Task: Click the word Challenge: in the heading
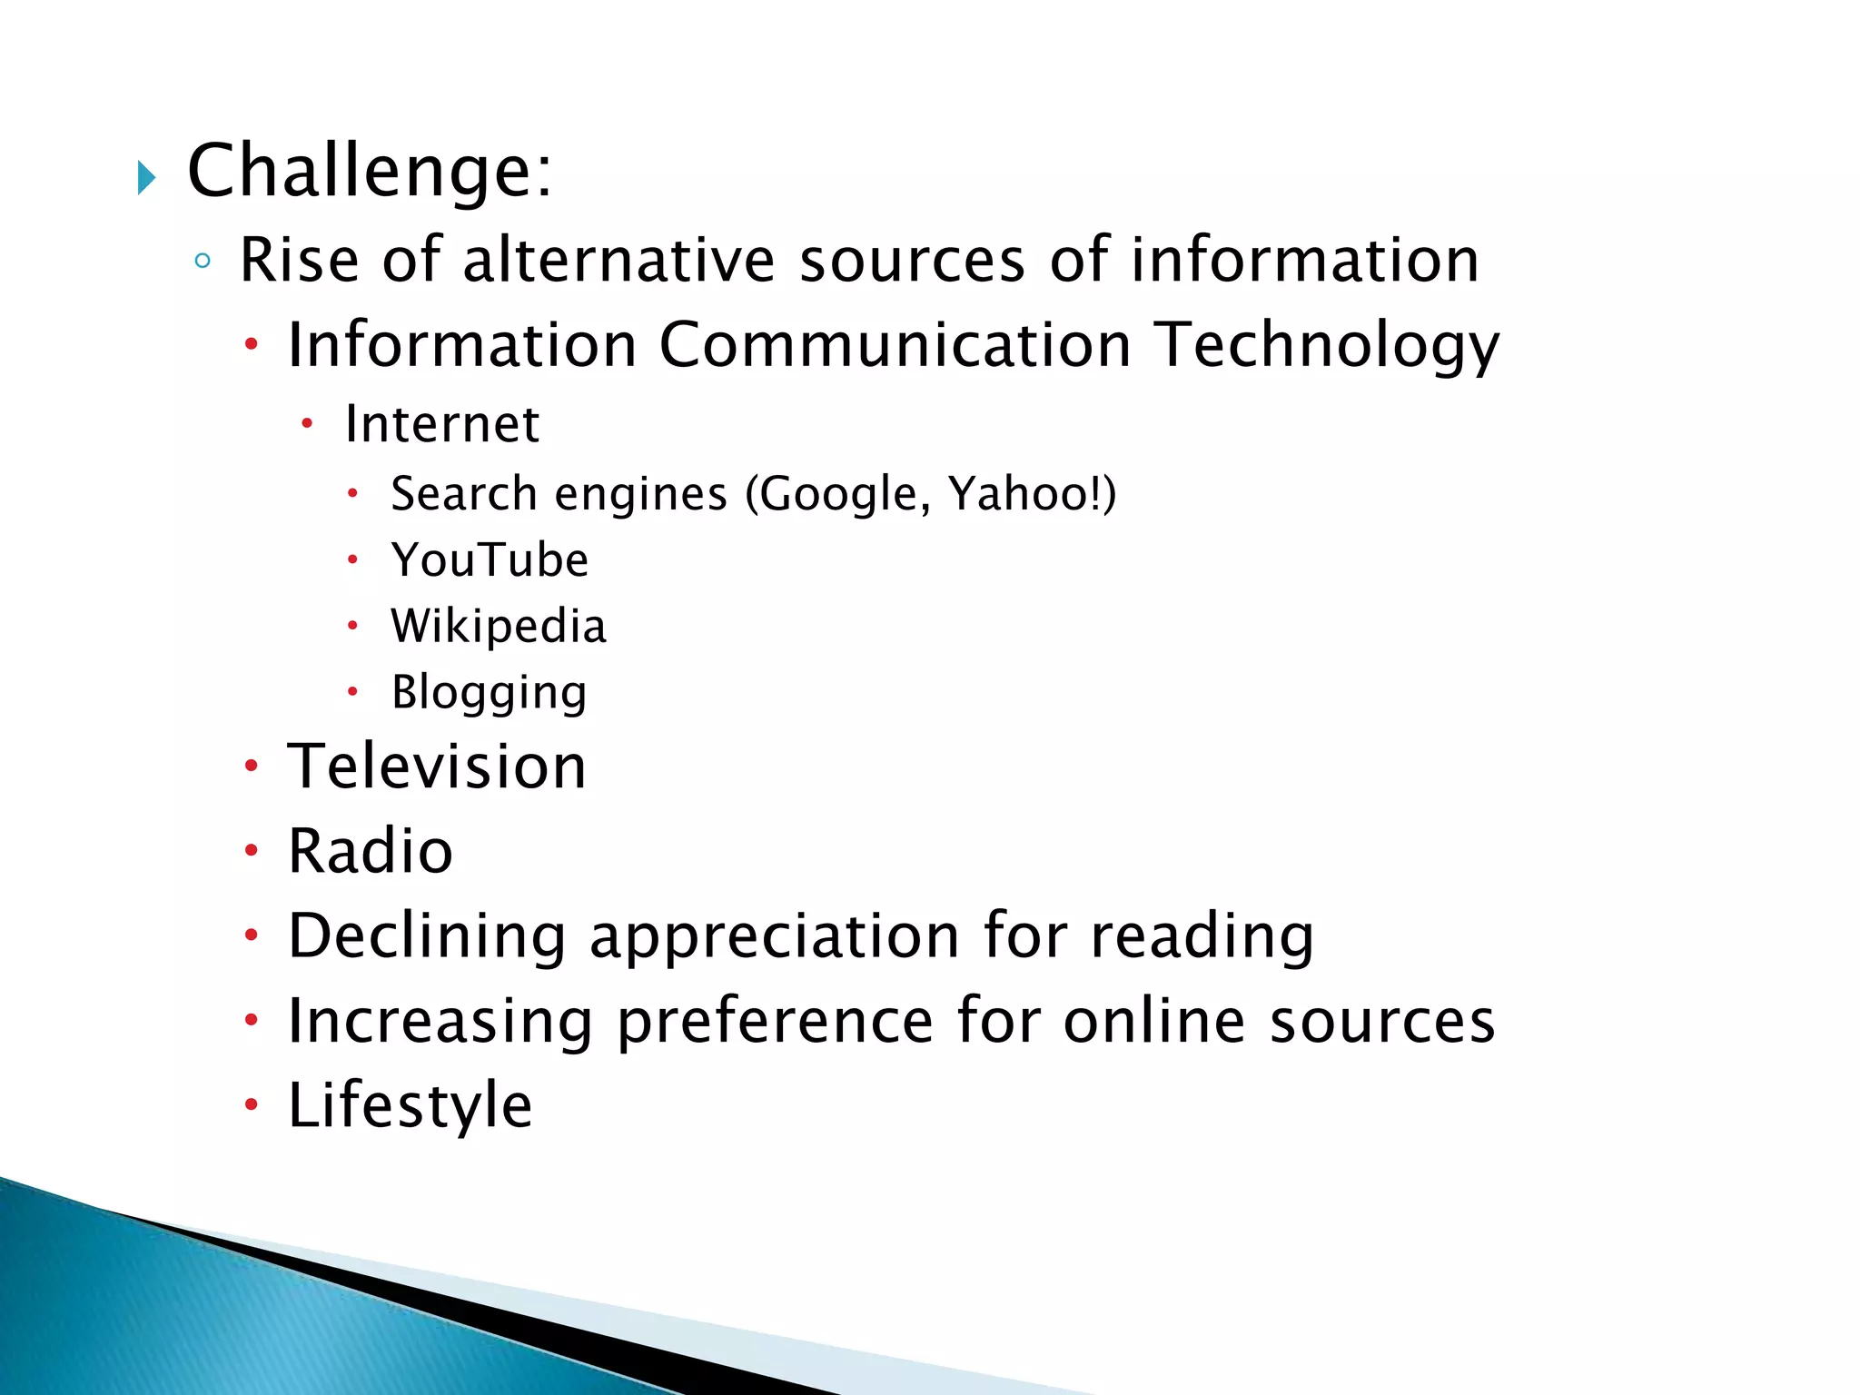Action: point(369,171)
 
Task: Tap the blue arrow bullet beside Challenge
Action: point(146,177)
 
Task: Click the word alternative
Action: point(618,261)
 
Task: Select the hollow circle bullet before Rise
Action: point(203,262)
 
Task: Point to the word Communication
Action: point(895,345)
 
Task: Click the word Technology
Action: point(1327,347)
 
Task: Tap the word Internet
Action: point(442,424)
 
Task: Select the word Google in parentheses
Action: point(837,495)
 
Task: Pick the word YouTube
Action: point(490,560)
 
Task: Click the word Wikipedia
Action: point(499,627)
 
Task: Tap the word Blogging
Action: point(489,694)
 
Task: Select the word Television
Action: point(437,767)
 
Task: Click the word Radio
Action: point(370,852)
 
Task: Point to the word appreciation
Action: point(775,937)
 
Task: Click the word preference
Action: point(775,1022)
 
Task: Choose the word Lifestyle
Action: point(410,1106)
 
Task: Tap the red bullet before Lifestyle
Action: point(252,1105)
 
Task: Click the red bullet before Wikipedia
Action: point(352,626)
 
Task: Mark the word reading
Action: point(1202,937)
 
